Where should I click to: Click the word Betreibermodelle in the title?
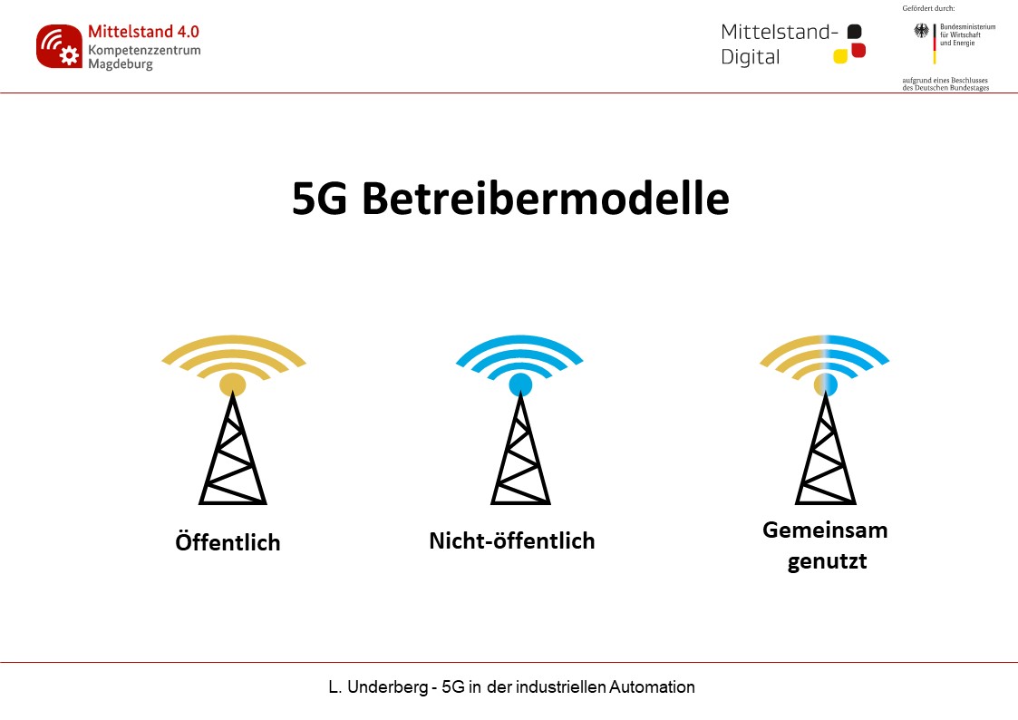546,198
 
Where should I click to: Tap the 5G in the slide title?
319,199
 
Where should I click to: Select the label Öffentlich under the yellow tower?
228,541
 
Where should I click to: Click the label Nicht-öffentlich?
512,540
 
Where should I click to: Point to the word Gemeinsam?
825,530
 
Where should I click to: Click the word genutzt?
827,561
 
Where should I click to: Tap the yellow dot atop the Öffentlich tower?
232,384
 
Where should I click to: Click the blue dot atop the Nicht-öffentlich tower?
520,384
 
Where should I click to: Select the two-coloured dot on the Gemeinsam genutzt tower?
826,384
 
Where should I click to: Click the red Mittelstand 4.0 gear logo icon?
59,46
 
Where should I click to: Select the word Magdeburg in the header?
121,64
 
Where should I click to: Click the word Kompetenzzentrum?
144,50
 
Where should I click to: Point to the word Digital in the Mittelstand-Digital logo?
750,57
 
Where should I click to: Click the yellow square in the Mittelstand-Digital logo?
840,56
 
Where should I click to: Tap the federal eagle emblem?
921,31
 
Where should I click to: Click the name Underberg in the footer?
388,686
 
